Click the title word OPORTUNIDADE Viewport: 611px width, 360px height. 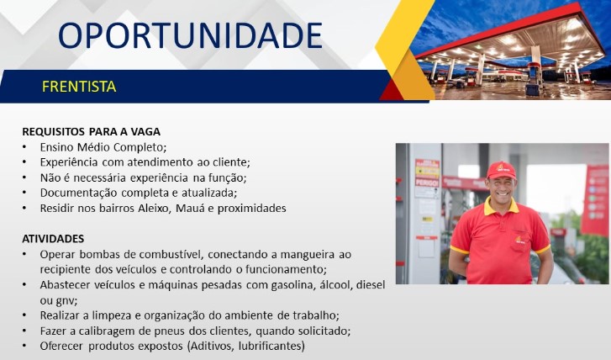click(190, 35)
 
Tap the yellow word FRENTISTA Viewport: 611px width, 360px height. click(79, 87)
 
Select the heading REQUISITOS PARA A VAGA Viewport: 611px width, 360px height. click(91, 132)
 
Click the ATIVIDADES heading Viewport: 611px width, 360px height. click(53, 239)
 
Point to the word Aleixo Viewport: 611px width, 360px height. click(154, 209)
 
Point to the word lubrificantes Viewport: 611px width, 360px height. click(271, 346)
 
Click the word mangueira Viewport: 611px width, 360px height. click(308, 255)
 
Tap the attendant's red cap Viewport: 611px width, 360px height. click(501, 170)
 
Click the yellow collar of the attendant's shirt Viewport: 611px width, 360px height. click(502, 208)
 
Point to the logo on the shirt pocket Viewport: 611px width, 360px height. click(519, 240)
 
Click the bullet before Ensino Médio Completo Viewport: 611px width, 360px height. click(24, 147)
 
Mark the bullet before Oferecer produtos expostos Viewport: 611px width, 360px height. click(24, 346)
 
